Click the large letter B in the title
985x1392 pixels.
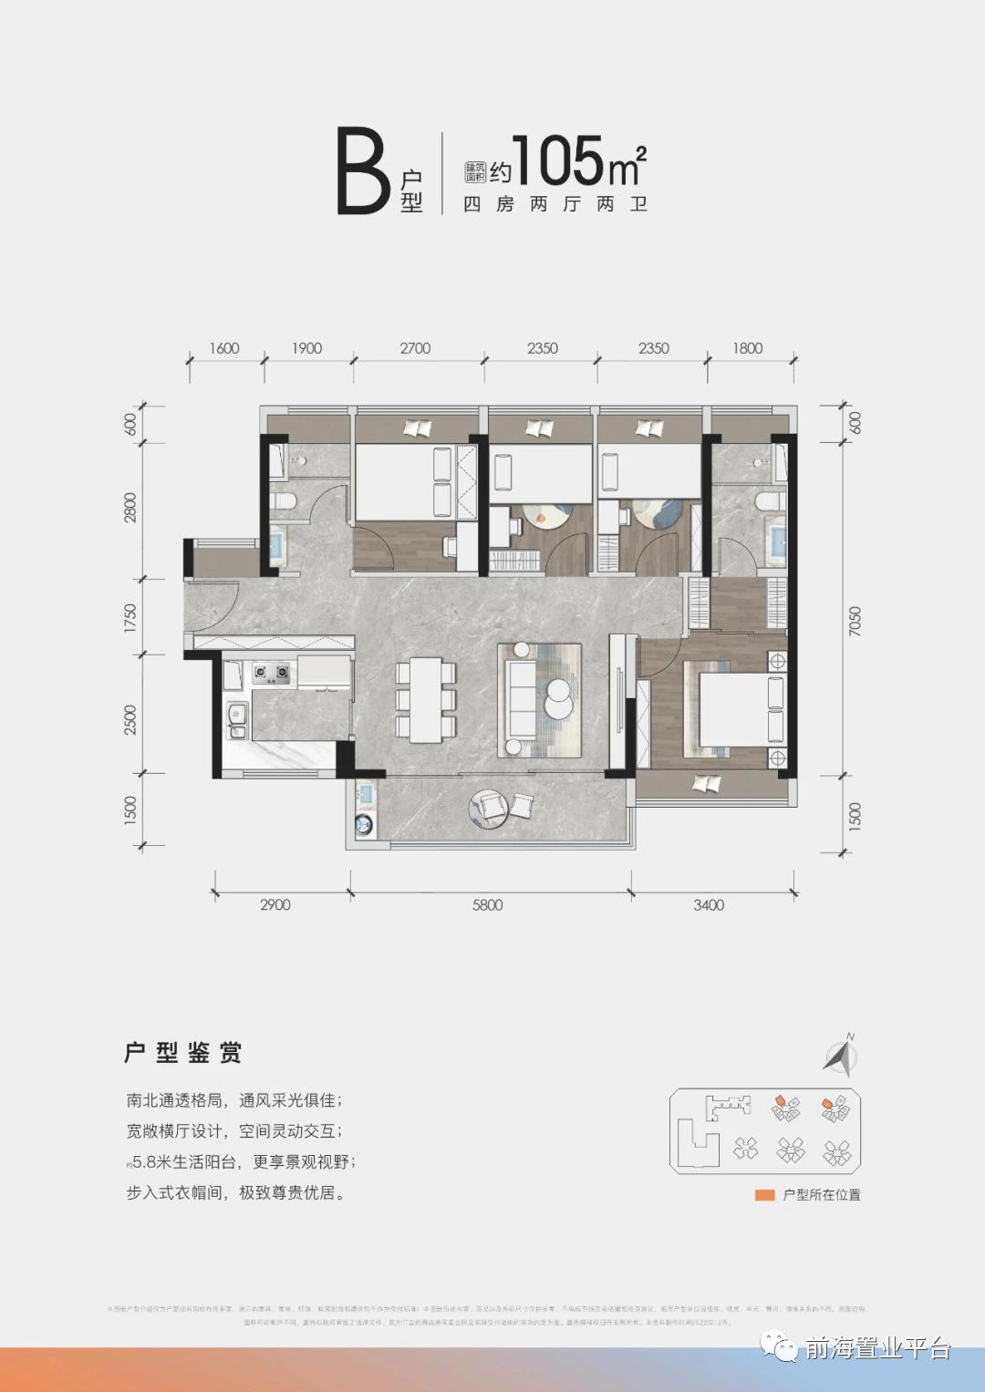click(364, 173)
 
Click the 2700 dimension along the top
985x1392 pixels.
click(415, 348)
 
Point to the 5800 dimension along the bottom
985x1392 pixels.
click(488, 905)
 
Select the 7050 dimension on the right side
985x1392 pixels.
click(855, 621)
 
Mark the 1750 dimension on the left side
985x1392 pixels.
click(130, 617)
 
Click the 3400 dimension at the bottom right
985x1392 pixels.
click(709, 905)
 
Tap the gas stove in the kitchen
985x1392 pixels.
click(271, 674)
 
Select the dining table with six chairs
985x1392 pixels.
click(426, 700)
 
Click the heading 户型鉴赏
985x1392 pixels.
click(183, 1053)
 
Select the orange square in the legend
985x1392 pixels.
click(764, 1195)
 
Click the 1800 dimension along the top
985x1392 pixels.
click(747, 348)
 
